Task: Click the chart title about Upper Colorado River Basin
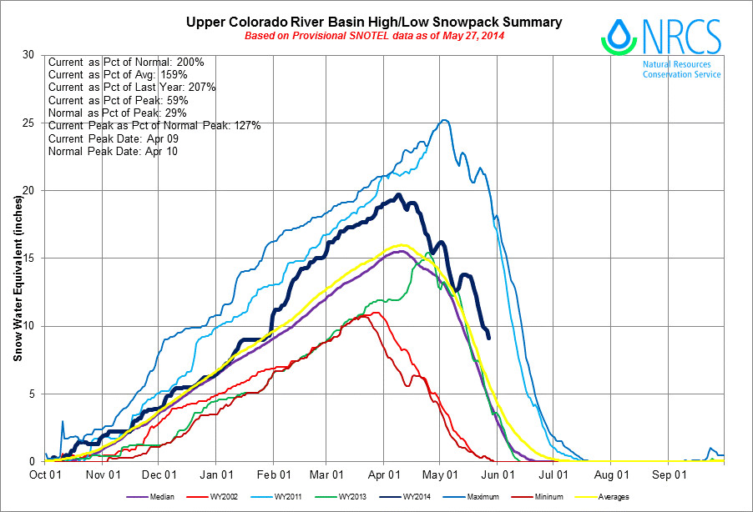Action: (373, 21)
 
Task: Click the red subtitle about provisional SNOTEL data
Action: (374, 36)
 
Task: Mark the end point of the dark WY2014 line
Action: (488, 337)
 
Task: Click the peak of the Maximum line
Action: (444, 120)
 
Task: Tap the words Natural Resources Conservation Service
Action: (681, 68)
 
